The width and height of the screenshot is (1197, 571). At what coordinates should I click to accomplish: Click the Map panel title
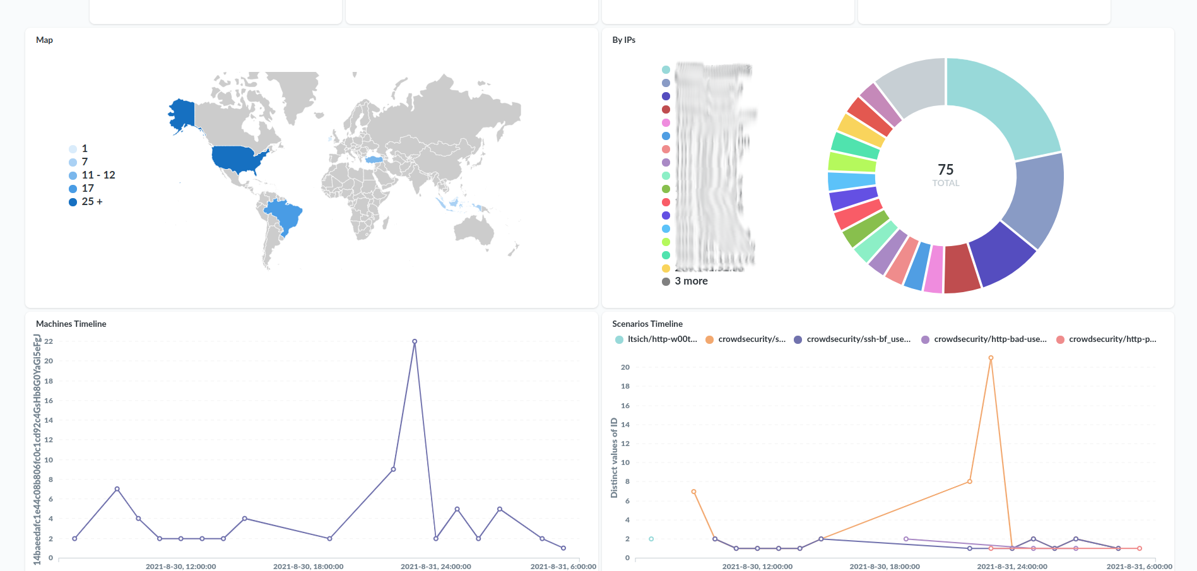coord(44,40)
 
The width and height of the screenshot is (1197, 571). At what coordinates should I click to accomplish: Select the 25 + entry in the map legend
coord(91,202)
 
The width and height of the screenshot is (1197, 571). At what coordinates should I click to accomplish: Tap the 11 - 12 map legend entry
coord(98,175)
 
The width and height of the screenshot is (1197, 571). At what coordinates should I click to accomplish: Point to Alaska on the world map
coord(184,114)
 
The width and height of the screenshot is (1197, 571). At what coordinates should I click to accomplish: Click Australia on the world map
coord(473,228)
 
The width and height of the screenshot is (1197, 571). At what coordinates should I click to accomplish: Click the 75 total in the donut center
coord(945,170)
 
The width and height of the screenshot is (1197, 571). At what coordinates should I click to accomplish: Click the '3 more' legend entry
coord(690,281)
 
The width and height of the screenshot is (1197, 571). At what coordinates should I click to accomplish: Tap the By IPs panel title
coord(623,40)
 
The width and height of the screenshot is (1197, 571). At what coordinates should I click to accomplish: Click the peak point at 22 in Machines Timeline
coord(415,341)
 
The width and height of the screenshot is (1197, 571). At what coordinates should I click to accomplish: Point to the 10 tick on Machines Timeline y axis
coord(49,460)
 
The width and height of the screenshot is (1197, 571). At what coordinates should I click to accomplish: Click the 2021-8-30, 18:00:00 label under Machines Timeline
coord(308,566)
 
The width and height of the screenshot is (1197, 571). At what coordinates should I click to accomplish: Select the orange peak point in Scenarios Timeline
coord(991,358)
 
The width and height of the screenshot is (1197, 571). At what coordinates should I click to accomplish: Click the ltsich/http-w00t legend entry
coord(661,339)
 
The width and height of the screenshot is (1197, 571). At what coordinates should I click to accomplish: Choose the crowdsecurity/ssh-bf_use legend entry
coord(858,339)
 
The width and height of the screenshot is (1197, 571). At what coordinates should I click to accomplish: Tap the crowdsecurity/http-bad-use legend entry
coord(989,339)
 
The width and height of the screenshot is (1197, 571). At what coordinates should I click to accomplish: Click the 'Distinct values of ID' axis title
coord(614,457)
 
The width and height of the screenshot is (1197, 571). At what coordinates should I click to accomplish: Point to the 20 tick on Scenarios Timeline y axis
coord(625,367)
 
